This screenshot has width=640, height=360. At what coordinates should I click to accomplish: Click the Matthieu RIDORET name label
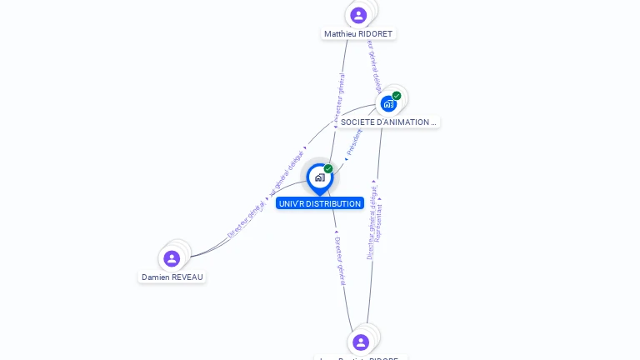[358, 34]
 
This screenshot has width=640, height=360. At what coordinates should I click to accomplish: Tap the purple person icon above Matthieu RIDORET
[358, 15]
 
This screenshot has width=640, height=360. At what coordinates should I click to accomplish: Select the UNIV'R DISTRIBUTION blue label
[320, 203]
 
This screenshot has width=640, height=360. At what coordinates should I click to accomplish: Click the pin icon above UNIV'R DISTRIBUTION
[319, 177]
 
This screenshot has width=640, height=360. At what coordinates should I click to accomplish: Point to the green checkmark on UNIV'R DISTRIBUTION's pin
[328, 169]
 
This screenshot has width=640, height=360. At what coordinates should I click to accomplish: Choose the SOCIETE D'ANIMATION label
[387, 122]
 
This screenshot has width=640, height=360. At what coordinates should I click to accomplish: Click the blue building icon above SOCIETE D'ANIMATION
[388, 104]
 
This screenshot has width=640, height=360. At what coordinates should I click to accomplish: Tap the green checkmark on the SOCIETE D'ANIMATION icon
[397, 96]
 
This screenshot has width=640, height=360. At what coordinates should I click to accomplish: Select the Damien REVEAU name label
[172, 277]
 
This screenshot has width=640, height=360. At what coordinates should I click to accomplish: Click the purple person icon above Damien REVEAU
[172, 258]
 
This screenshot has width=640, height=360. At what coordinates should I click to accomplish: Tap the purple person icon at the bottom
[361, 342]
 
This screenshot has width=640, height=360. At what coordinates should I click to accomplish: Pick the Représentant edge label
[379, 224]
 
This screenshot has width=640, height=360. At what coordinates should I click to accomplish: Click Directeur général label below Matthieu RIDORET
[340, 98]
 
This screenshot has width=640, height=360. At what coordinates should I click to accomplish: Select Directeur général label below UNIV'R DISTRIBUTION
[340, 262]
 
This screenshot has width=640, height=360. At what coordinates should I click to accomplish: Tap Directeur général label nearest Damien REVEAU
[247, 219]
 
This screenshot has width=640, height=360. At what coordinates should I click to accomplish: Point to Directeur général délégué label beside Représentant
[372, 222]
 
